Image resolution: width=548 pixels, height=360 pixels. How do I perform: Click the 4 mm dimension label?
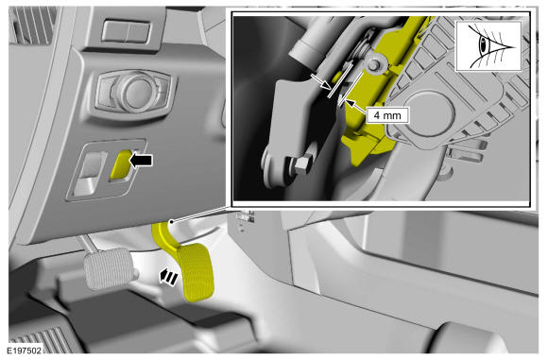coord(387,115)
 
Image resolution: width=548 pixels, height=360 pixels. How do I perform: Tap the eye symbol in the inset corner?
coord(488,45)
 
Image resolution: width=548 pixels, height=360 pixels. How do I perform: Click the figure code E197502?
coord(25,351)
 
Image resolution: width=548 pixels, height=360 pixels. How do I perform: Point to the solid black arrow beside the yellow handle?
coord(141,161)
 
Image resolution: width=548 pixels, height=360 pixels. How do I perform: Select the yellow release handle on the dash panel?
coord(121,165)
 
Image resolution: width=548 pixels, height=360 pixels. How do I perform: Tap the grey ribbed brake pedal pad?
coord(110,268)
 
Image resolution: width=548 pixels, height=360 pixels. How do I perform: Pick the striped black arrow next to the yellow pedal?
coord(168,278)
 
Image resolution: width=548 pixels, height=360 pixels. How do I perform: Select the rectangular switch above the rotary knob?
coord(127,32)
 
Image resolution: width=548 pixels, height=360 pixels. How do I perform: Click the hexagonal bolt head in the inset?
coord(300,165)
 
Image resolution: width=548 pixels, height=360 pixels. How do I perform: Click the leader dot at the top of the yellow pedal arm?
coord(172,222)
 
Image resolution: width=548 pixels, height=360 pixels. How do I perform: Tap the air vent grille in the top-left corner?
coord(32,26)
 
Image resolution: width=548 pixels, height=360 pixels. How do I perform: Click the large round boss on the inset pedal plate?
coord(430,111)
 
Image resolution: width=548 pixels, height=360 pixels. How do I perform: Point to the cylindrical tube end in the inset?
coord(302,50)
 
